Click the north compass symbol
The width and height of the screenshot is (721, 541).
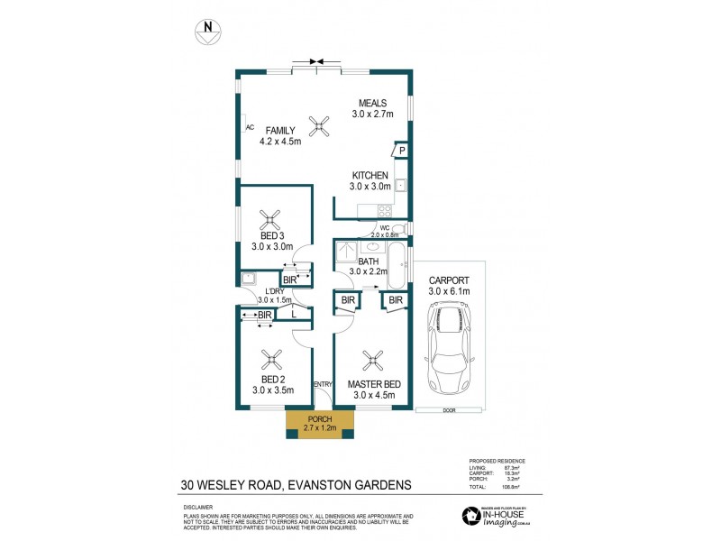[208, 31]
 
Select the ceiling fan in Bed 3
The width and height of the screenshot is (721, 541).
[269, 216]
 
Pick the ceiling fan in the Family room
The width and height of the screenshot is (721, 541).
[316, 124]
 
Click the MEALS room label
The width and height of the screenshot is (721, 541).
[372, 103]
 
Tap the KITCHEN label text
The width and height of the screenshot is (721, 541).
[370, 175]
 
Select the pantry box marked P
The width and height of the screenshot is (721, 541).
[401, 151]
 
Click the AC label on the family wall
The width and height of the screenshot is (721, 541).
[249, 127]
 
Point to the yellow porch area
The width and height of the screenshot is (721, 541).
[320, 424]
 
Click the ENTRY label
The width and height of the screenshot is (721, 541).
[323, 385]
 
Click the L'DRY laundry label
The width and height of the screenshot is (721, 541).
[271, 289]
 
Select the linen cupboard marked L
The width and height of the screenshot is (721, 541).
[295, 314]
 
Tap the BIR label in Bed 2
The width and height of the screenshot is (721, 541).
[264, 315]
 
